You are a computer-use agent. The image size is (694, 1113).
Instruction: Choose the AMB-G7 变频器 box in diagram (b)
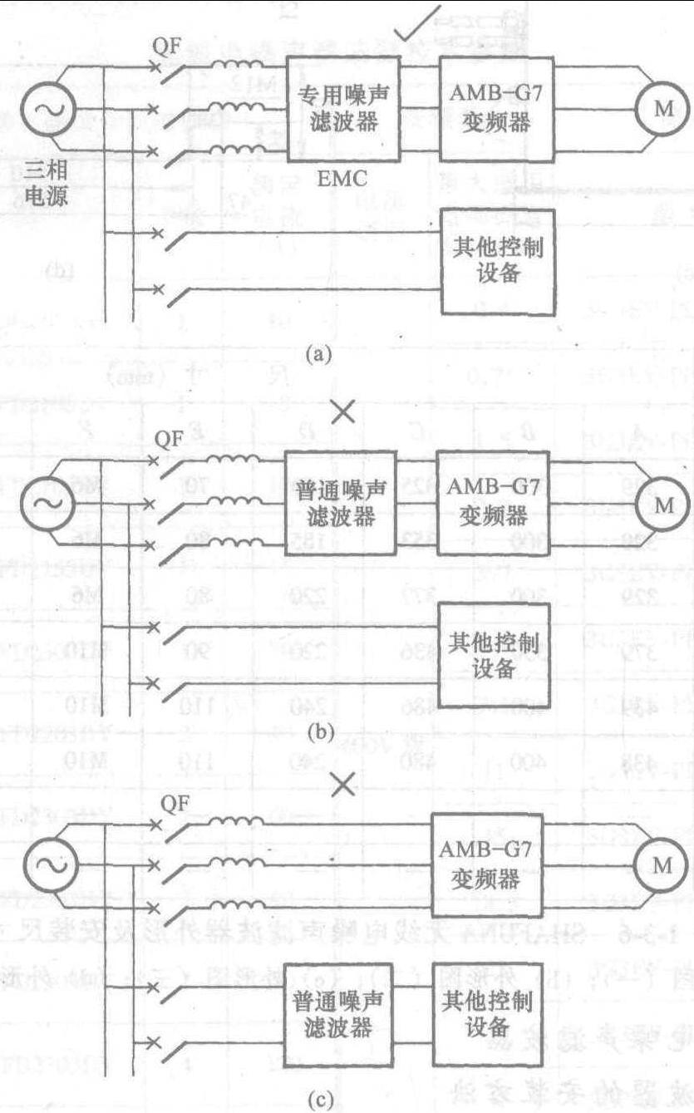click(493, 504)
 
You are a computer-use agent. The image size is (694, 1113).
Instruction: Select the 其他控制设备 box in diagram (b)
click(493, 655)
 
